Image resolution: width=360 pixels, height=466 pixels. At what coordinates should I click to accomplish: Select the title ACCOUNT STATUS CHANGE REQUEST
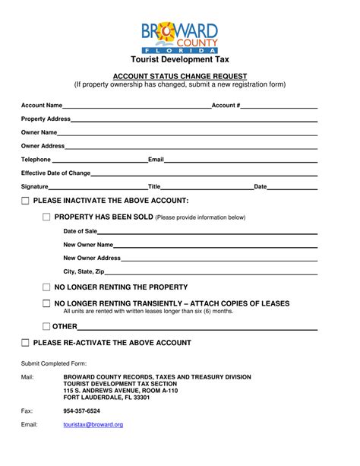179,76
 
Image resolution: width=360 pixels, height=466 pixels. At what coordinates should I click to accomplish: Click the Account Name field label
42,105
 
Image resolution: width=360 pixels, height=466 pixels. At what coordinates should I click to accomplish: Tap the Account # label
226,105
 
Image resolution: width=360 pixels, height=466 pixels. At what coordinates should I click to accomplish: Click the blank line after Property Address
194,120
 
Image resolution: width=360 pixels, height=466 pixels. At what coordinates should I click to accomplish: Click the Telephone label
36,160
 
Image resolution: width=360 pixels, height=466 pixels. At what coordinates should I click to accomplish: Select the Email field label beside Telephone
156,160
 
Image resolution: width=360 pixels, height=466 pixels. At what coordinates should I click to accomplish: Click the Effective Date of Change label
55,173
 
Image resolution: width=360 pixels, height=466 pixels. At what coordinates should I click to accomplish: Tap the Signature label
35,186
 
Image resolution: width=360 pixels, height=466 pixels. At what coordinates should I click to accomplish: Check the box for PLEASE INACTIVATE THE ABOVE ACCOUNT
26,201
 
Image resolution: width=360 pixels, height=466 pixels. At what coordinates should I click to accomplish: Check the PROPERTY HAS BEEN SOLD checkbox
46,217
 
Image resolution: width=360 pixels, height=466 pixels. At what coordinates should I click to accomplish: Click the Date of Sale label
80,230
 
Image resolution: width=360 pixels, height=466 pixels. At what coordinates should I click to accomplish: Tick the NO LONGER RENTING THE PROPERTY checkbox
46,287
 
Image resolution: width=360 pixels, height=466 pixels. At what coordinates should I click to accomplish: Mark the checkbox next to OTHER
46,326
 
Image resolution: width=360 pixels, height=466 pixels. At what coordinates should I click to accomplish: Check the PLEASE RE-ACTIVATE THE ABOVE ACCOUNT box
26,344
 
